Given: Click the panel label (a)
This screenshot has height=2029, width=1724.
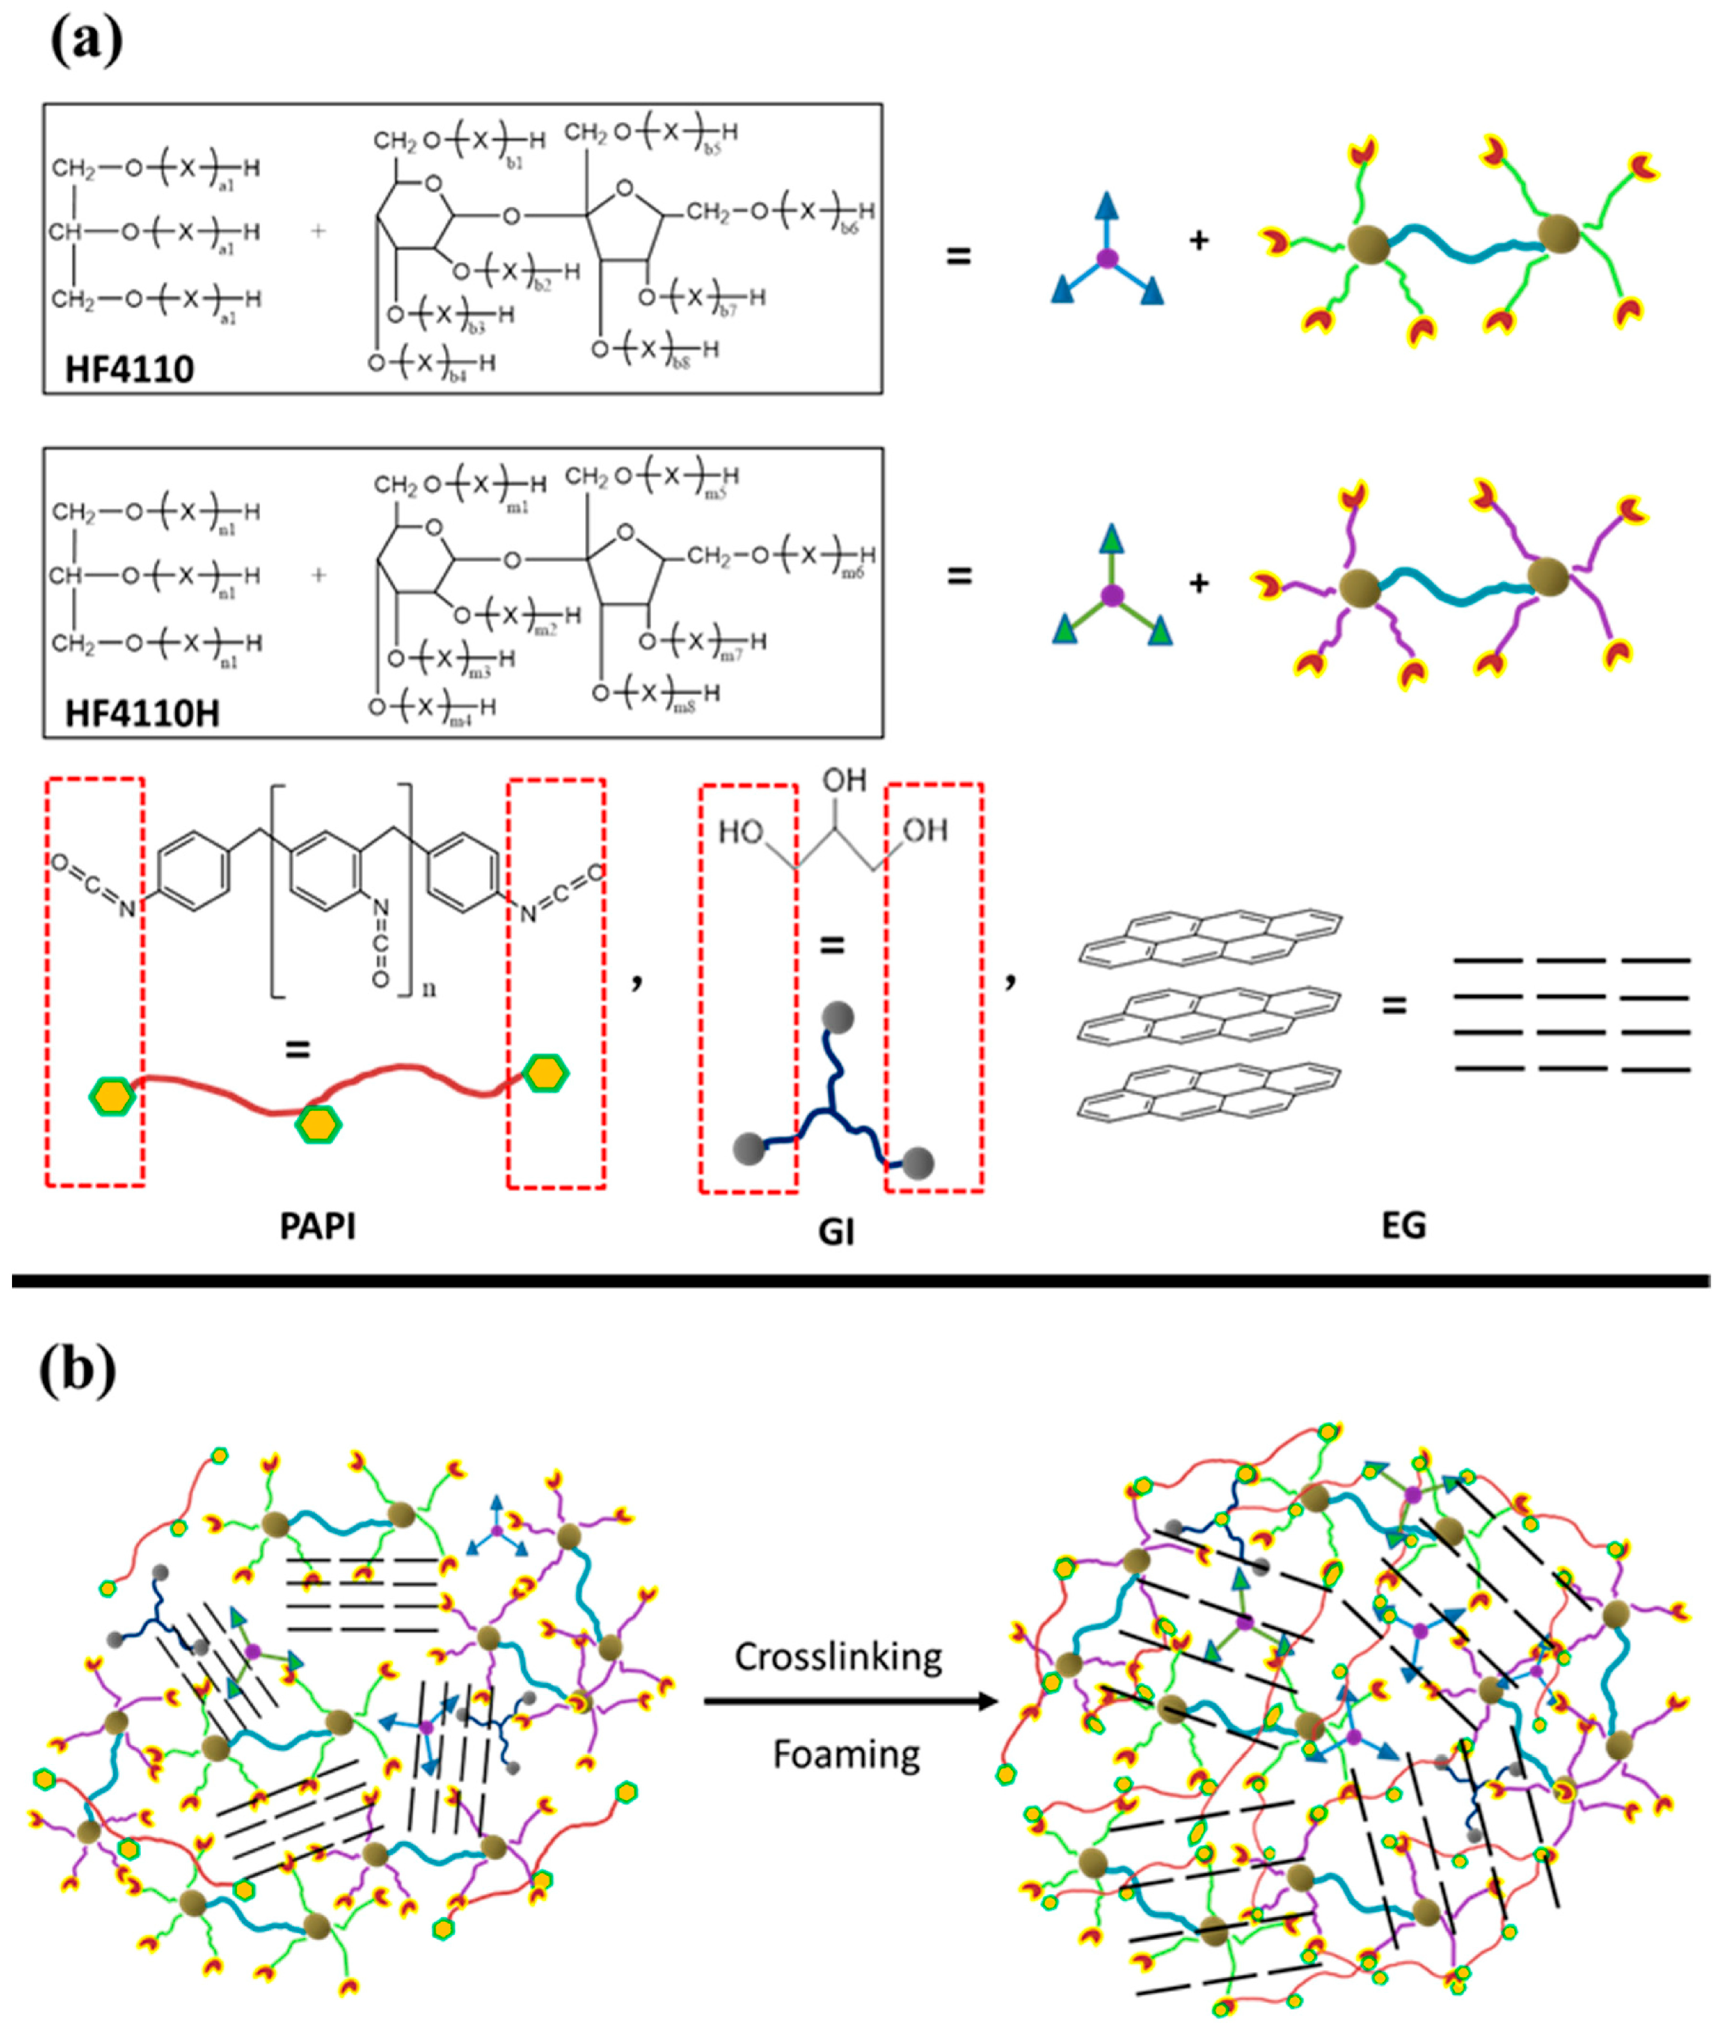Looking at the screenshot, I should pyautogui.click(x=86, y=41).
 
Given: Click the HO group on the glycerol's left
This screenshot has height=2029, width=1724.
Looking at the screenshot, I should pyautogui.click(x=741, y=833).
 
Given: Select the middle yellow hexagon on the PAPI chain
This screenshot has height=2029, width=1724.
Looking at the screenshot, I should pyautogui.click(x=318, y=1125).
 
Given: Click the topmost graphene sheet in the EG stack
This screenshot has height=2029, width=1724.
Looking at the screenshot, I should pyautogui.click(x=1212, y=936).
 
